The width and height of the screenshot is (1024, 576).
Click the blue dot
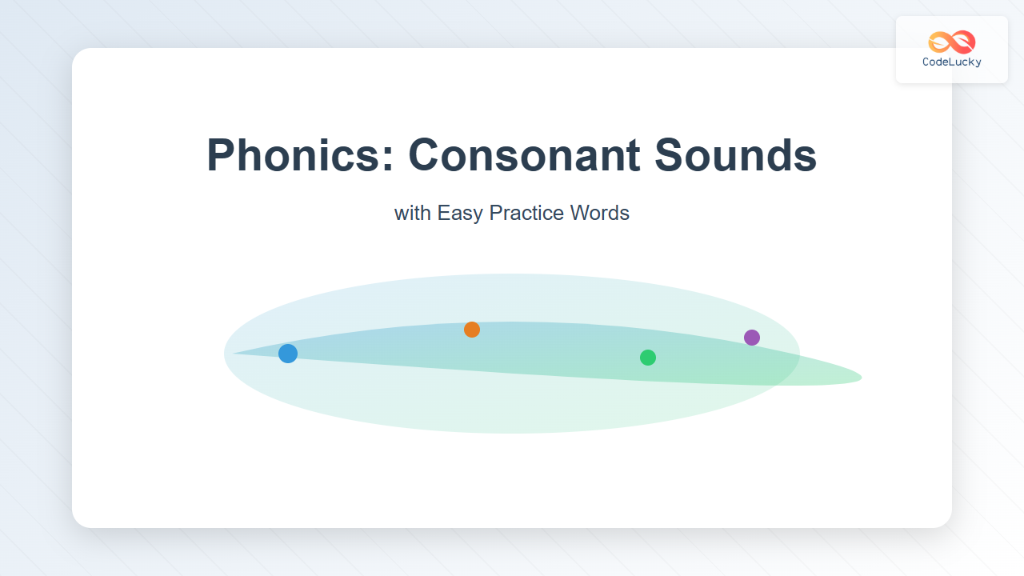(x=288, y=354)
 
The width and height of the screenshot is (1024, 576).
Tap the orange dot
(x=472, y=329)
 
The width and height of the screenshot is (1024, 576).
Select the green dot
(x=648, y=358)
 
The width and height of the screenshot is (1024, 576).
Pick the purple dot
(x=752, y=338)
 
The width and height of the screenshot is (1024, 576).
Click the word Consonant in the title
(x=524, y=154)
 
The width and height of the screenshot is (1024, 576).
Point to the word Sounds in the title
(x=735, y=154)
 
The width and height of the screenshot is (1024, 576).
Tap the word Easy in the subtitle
(x=460, y=213)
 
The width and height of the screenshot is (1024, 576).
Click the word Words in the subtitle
(x=600, y=213)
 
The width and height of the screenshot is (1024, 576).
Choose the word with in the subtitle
(x=413, y=213)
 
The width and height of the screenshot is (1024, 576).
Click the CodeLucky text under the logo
(x=952, y=62)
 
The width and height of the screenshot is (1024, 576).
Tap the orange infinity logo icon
(x=952, y=42)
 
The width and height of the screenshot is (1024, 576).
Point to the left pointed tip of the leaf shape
(x=234, y=353)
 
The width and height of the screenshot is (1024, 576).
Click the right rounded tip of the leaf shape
(x=860, y=378)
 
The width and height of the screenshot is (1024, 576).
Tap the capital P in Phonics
(x=222, y=154)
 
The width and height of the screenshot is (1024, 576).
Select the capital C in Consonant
(x=425, y=154)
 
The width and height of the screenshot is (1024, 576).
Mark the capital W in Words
(x=580, y=213)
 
